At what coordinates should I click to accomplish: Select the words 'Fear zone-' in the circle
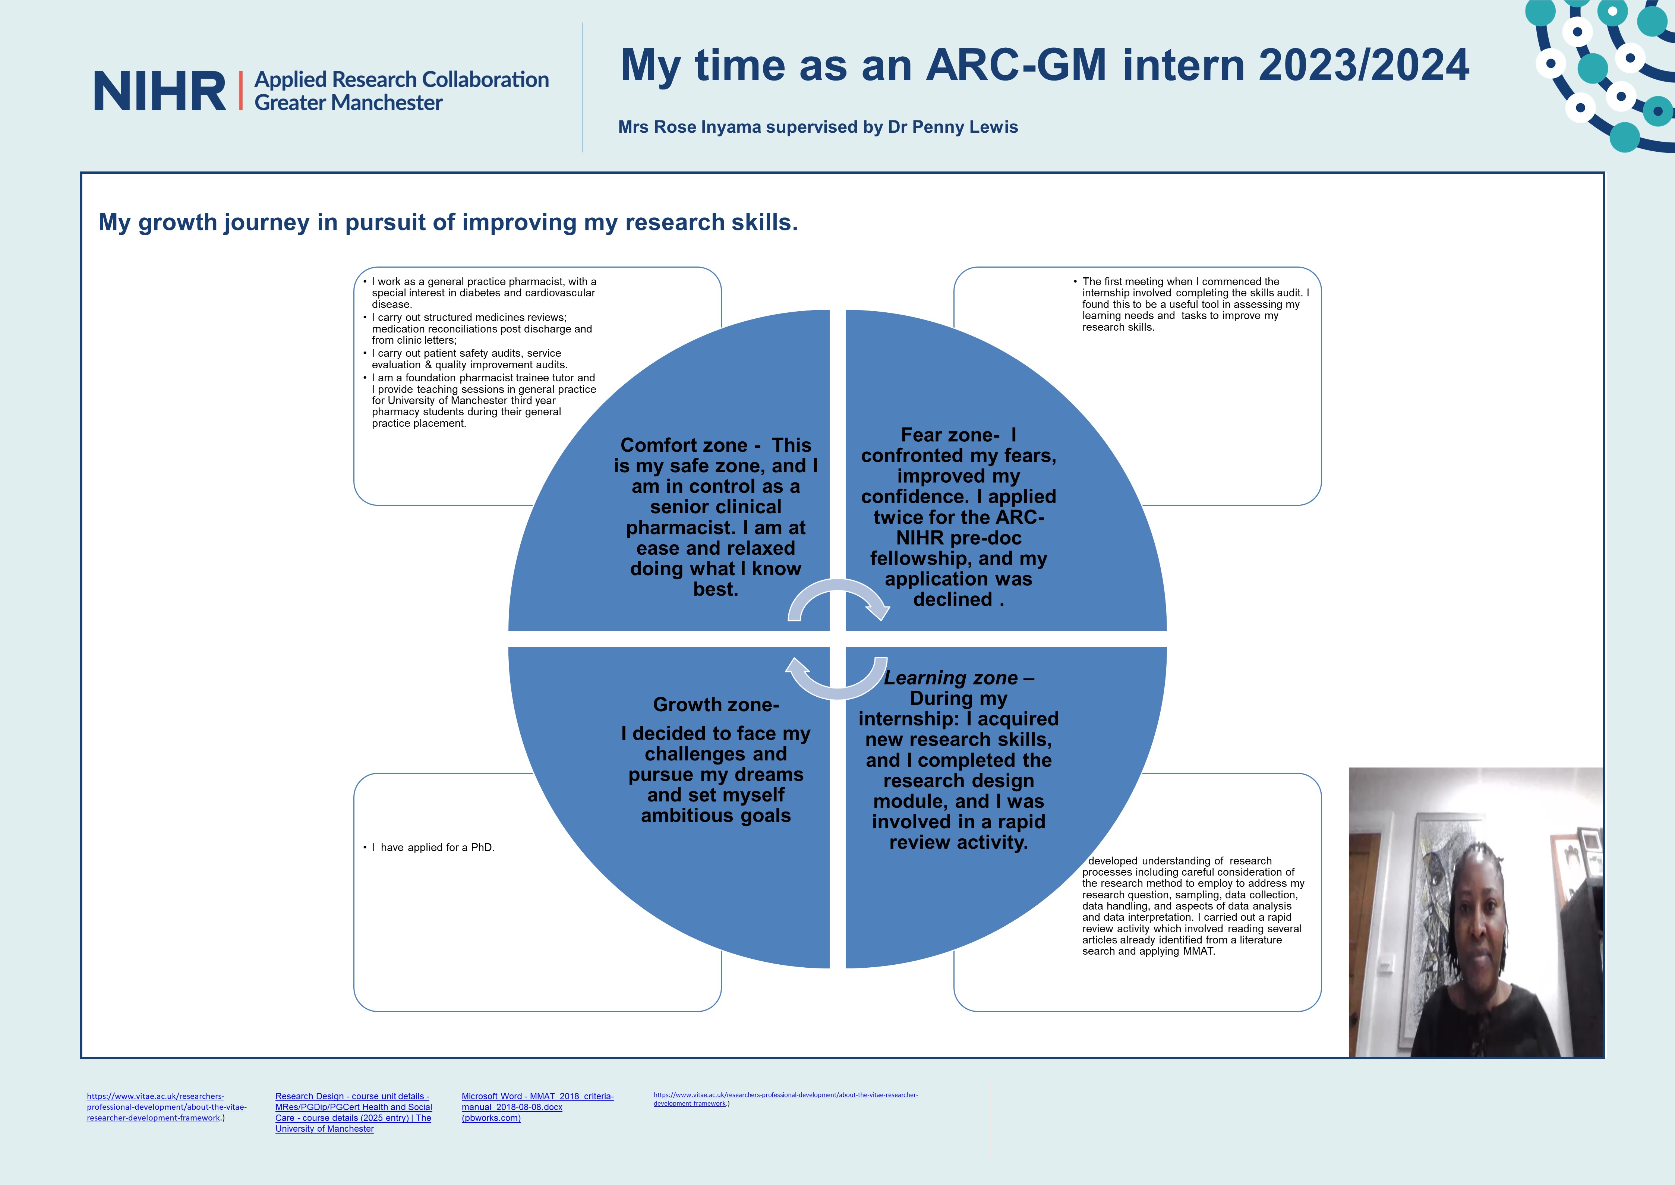[x=950, y=435]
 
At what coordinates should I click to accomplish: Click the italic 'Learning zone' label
[x=950, y=678]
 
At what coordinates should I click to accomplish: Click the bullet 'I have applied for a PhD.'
[x=429, y=847]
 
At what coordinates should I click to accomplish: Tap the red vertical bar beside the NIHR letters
[x=240, y=91]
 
